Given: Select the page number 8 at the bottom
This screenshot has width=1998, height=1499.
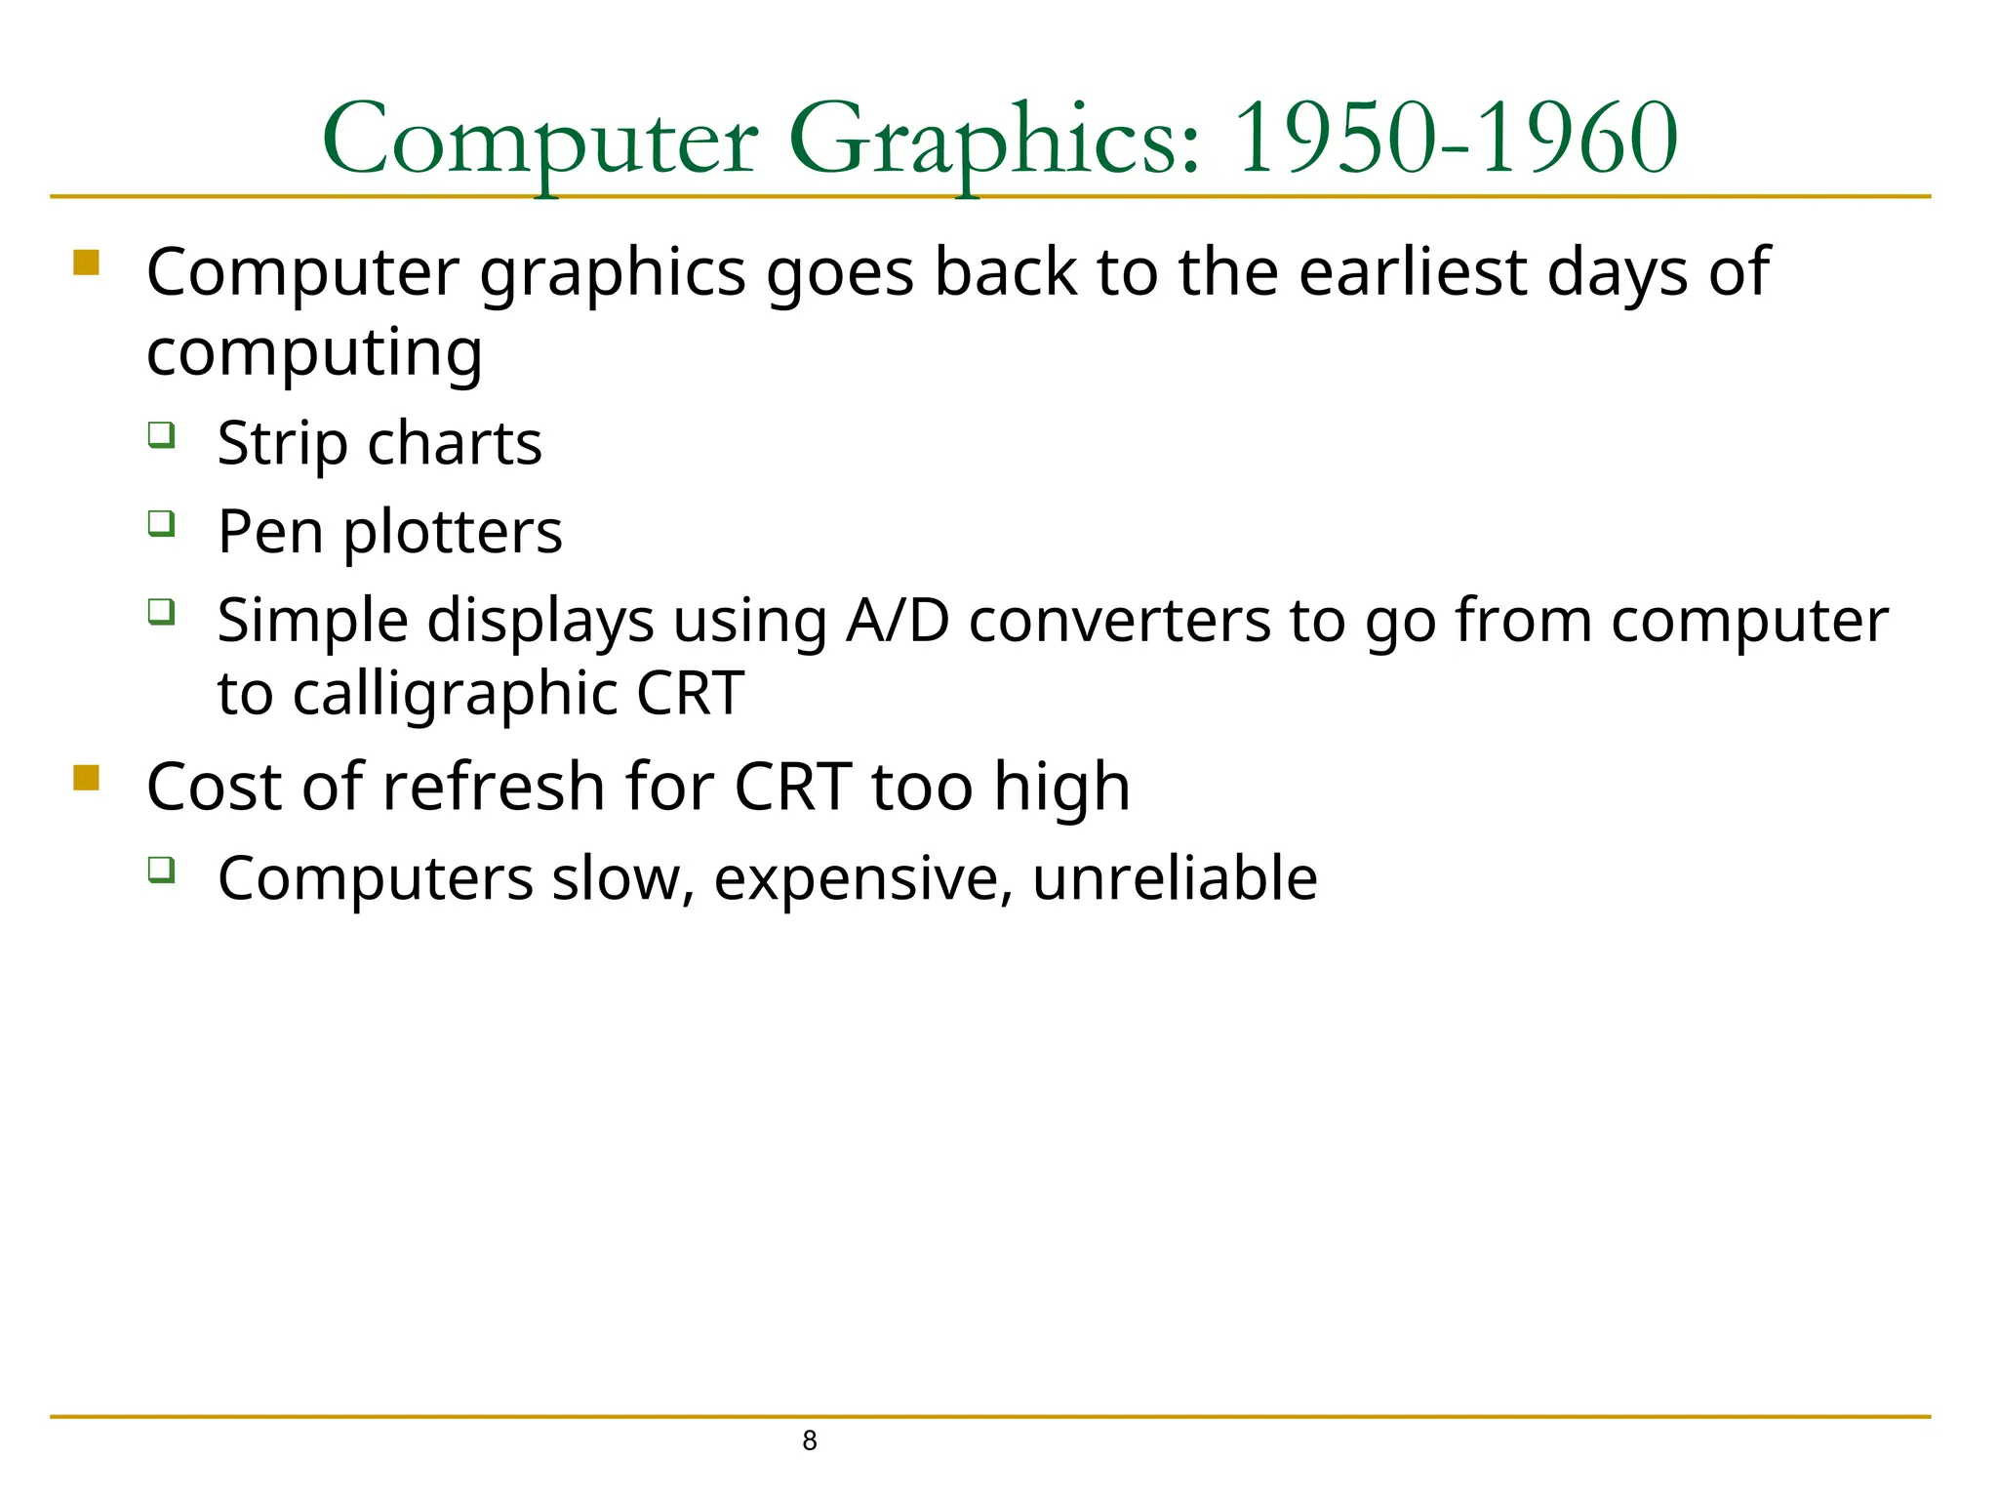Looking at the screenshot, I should click(809, 1440).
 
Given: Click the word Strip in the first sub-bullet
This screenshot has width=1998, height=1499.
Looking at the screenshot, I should click(282, 444).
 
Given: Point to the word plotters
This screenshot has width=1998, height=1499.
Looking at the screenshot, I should click(453, 533).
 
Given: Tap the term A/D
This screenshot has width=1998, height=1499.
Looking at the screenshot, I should click(898, 621).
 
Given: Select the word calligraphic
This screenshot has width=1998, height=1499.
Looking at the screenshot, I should click(456, 694).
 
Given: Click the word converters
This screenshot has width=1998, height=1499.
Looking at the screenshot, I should click(1119, 621).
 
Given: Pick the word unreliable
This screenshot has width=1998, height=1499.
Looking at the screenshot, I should click(1175, 877).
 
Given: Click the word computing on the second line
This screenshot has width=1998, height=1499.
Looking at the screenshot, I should click(314, 353).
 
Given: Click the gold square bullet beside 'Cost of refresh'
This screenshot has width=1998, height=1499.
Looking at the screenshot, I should click(86, 778).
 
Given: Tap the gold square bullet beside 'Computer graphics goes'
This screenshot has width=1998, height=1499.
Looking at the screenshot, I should click(86, 263).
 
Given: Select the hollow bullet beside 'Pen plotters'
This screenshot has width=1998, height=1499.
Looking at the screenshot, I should click(162, 523).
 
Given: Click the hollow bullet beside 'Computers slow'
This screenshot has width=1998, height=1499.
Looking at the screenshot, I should click(162, 869).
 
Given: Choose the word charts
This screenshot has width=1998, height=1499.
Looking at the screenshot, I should click(454, 444).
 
